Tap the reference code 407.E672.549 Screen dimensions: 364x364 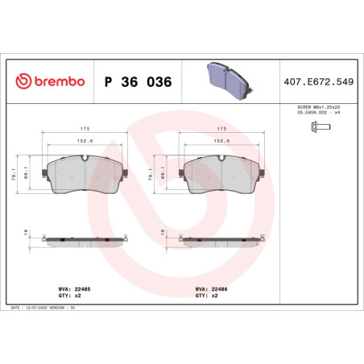(x=319, y=82)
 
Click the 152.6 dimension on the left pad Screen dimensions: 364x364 (x=85, y=141)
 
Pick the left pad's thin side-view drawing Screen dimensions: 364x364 (x=85, y=240)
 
